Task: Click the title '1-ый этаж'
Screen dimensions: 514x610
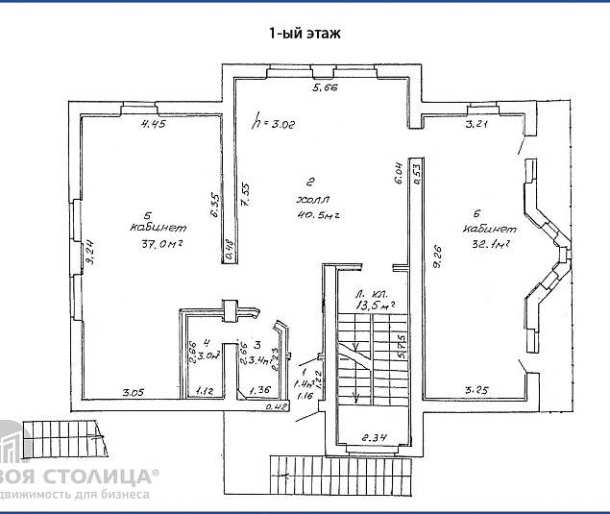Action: click(x=305, y=32)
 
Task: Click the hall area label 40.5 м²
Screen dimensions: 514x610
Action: click(x=313, y=215)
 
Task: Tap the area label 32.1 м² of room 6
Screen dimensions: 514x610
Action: click(x=488, y=244)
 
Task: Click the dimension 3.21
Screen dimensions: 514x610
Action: click(x=477, y=125)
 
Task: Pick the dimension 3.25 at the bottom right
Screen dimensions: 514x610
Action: click(x=477, y=390)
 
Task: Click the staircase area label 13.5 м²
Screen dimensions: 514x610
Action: click(x=376, y=305)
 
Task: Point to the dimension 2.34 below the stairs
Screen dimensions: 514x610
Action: click(x=375, y=438)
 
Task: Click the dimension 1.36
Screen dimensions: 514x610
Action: click(x=259, y=391)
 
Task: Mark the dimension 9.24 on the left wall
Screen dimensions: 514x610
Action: click(x=88, y=251)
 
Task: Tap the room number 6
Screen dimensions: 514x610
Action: click(x=476, y=213)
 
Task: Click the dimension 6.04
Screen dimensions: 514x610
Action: click(x=398, y=173)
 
